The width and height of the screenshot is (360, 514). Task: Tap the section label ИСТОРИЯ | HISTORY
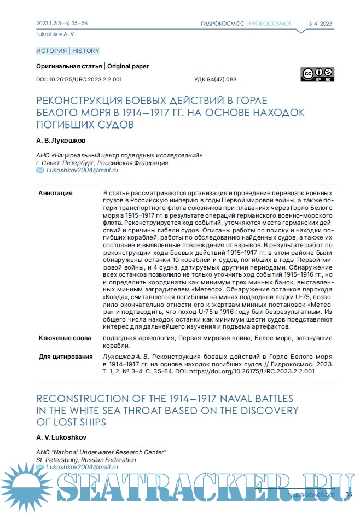[x=68, y=51]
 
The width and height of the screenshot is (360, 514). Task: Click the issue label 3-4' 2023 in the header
[x=321, y=24]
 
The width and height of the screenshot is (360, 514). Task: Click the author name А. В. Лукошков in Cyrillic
[x=61, y=141]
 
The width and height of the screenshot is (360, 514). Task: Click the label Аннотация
[x=55, y=194]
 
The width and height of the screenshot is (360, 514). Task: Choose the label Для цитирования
[x=66, y=357]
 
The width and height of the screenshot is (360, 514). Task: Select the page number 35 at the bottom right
[x=349, y=495]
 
